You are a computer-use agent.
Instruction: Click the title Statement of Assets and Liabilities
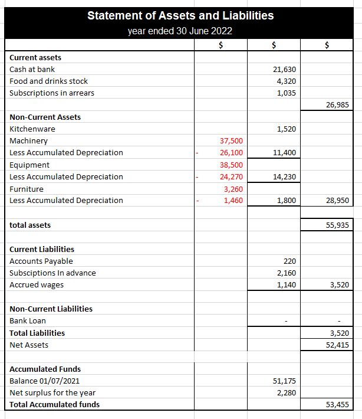(180, 16)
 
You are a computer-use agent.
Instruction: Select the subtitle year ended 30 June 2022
(180, 31)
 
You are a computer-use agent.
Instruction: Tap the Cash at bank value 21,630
(285, 70)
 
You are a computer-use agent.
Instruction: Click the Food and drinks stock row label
(49, 81)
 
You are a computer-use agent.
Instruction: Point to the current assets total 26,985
(337, 105)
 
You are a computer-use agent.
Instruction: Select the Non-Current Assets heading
(45, 117)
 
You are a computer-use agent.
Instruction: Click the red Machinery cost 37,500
(231, 141)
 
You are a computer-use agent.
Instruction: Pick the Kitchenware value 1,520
(286, 129)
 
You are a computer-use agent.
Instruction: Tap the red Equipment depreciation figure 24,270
(231, 176)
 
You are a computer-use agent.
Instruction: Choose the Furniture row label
(27, 189)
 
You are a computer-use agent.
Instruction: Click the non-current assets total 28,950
(337, 201)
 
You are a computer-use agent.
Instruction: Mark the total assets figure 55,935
(337, 225)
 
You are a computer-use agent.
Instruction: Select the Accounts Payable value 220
(289, 261)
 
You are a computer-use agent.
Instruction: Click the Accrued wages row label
(37, 284)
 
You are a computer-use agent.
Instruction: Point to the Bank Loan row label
(28, 321)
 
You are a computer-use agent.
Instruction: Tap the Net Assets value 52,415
(337, 345)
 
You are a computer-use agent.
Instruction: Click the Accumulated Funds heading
(45, 369)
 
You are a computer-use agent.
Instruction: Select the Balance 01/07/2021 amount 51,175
(285, 381)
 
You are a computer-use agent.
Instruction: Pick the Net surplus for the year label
(52, 392)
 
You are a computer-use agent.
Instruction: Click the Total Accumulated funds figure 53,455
(337, 405)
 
